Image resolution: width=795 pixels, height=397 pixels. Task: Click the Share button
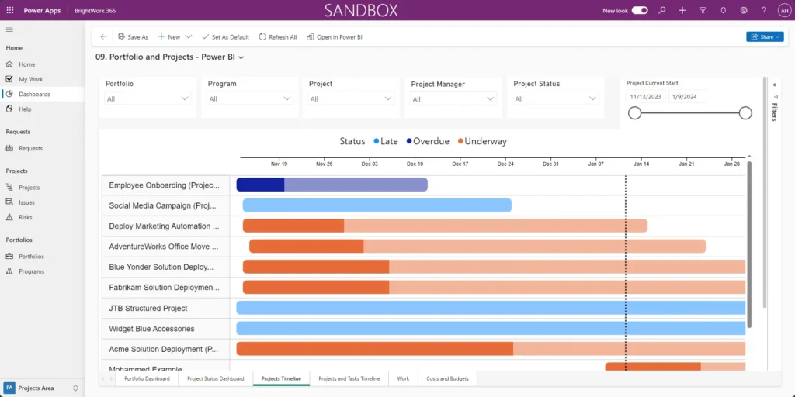764,36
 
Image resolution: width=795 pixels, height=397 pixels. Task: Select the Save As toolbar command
133,37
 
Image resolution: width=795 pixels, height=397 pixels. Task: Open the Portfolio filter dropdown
148,98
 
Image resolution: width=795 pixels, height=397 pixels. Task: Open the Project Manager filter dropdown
453,98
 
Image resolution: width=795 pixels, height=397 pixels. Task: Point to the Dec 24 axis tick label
505,164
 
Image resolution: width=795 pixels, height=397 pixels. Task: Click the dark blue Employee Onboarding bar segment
260,185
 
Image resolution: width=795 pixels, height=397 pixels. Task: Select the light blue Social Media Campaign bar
377,205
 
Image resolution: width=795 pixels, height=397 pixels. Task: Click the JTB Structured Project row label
148,308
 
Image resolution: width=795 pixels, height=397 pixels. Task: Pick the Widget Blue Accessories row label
151,329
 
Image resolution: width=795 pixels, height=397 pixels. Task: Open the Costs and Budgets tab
448,378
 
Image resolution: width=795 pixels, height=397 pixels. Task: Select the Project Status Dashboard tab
215,378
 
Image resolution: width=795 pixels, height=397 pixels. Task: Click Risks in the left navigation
26,217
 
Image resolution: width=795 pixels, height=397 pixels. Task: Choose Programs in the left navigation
31,271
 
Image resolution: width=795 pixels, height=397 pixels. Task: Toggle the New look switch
640,10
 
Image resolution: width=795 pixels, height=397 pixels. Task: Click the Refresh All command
278,37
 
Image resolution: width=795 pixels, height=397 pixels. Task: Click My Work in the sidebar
30,79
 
